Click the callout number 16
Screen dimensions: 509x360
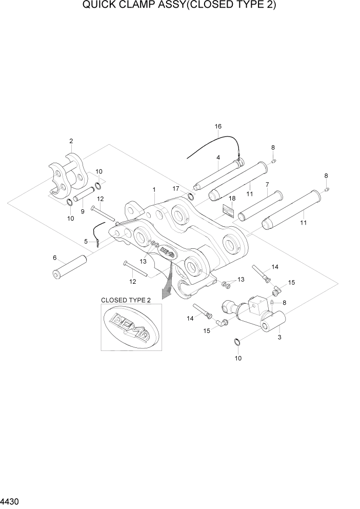[218, 126]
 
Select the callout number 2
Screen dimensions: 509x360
[71, 141]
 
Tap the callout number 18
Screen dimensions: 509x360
[232, 198]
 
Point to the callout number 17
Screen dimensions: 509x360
[176, 188]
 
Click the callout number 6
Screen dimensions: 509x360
[86, 241]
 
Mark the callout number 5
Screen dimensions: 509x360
[86, 241]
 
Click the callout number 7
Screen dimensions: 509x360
[267, 184]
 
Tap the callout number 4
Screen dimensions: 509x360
[218, 158]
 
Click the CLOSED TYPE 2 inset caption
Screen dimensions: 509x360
[126, 300]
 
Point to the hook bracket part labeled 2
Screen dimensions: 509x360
[67, 177]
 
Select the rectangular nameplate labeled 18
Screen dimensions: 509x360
[228, 211]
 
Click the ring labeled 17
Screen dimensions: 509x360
[191, 198]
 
